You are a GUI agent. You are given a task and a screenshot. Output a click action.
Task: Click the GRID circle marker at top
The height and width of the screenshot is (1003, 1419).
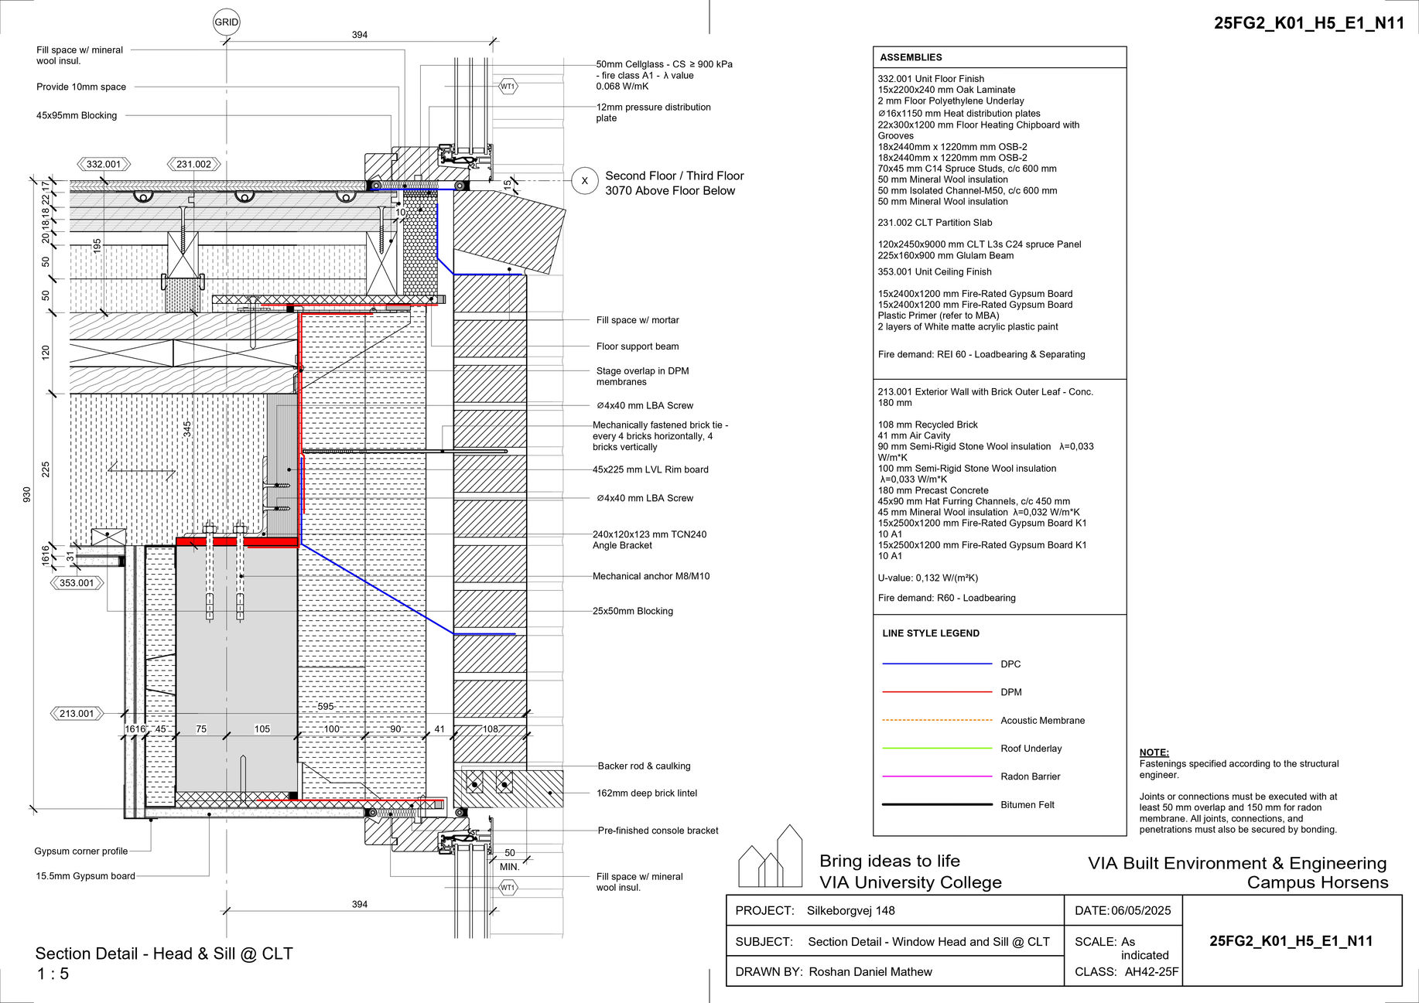point(226,22)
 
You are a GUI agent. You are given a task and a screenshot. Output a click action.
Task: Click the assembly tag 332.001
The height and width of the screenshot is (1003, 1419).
point(104,164)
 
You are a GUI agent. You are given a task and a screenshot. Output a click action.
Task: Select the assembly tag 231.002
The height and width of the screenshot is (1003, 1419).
point(193,164)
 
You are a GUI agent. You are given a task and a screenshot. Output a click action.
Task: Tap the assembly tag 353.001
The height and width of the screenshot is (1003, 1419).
point(77,583)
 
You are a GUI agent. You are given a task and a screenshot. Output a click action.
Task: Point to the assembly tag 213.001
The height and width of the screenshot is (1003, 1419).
point(77,714)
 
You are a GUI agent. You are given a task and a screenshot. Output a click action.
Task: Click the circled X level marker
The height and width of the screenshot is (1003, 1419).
point(584,181)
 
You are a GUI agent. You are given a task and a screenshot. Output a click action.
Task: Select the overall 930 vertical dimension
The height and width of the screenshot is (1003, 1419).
point(27,495)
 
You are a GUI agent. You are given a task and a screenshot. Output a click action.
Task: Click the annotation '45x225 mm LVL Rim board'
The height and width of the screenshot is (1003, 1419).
point(650,469)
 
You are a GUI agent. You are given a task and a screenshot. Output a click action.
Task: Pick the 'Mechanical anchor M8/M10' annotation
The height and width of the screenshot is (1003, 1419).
point(651,576)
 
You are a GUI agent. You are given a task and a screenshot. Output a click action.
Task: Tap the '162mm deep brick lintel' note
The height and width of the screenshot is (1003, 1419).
point(647,793)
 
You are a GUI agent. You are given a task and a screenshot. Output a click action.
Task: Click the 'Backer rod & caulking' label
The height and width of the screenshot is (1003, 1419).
point(644,766)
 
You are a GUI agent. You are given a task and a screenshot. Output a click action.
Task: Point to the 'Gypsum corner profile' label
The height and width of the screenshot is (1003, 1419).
point(81,851)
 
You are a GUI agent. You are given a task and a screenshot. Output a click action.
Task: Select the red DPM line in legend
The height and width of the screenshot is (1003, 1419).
point(937,692)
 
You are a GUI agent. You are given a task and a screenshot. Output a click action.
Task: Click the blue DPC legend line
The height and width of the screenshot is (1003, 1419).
point(937,664)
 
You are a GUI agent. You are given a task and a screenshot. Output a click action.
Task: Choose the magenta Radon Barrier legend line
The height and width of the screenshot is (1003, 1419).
point(937,776)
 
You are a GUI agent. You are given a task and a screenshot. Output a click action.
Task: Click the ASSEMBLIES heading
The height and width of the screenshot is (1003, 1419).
point(911,57)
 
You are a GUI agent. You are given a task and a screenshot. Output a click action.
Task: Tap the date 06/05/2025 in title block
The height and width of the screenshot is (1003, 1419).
point(1141,910)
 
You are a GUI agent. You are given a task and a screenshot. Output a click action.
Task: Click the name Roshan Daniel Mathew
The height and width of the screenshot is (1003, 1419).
point(870,971)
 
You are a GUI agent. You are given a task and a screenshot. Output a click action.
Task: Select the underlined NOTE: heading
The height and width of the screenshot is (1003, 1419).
point(1154,752)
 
